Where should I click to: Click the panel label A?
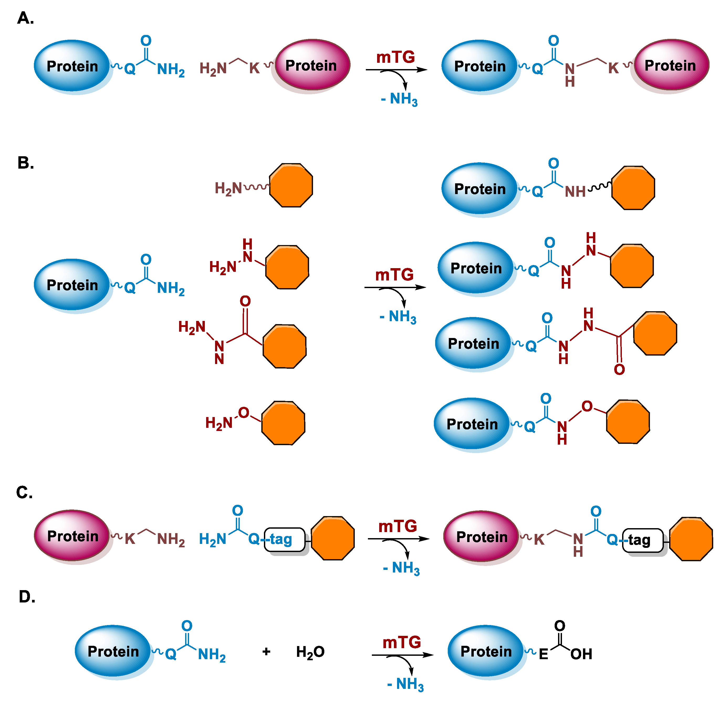[x=25, y=18]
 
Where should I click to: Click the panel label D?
[x=27, y=597]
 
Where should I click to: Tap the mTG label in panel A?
[x=395, y=57]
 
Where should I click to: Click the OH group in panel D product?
[x=581, y=654]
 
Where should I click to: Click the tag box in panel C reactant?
[x=284, y=539]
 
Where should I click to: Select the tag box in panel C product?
[x=643, y=540]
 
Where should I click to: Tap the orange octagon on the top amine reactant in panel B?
[x=291, y=185]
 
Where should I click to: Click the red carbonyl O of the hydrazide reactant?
[x=245, y=301]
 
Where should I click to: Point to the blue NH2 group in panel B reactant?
[x=171, y=288]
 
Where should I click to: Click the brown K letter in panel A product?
[x=613, y=68]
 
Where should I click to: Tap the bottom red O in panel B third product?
[x=619, y=369]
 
